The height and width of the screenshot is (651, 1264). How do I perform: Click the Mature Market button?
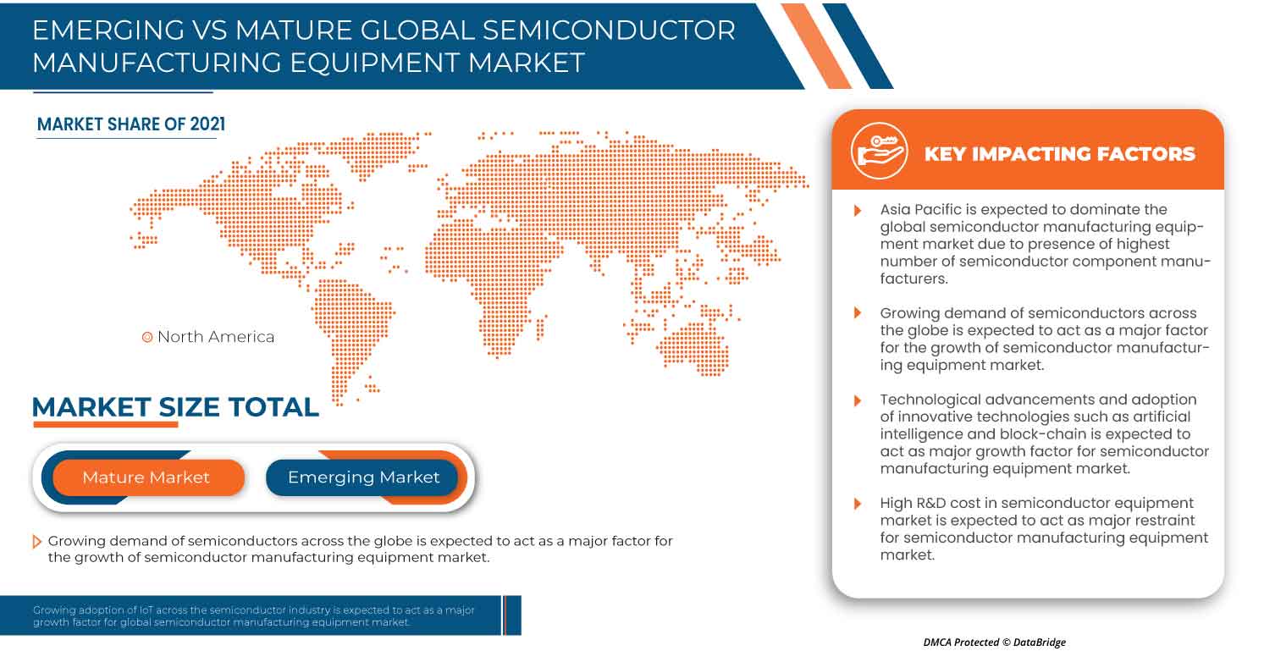click(x=146, y=477)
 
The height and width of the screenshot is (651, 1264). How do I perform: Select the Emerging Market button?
click(x=363, y=477)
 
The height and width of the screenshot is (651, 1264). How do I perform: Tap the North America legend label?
click(x=216, y=337)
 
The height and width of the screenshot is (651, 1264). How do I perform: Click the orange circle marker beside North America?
click(x=146, y=337)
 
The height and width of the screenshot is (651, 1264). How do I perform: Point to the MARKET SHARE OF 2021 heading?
click(x=131, y=124)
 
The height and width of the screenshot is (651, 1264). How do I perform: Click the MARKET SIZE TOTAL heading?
click(x=175, y=407)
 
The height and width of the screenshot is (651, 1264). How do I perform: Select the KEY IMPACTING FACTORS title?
click(x=1059, y=154)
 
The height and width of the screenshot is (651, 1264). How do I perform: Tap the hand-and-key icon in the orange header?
click(x=879, y=152)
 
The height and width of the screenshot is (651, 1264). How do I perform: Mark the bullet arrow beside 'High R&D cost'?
click(x=858, y=504)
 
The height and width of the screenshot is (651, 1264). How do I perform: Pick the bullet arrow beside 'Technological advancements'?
click(x=858, y=400)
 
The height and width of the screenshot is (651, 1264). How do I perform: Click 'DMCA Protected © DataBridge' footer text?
click(x=994, y=643)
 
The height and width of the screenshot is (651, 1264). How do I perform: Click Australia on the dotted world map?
click(x=694, y=346)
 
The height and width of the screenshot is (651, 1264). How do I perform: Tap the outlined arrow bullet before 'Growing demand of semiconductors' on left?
click(x=36, y=541)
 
